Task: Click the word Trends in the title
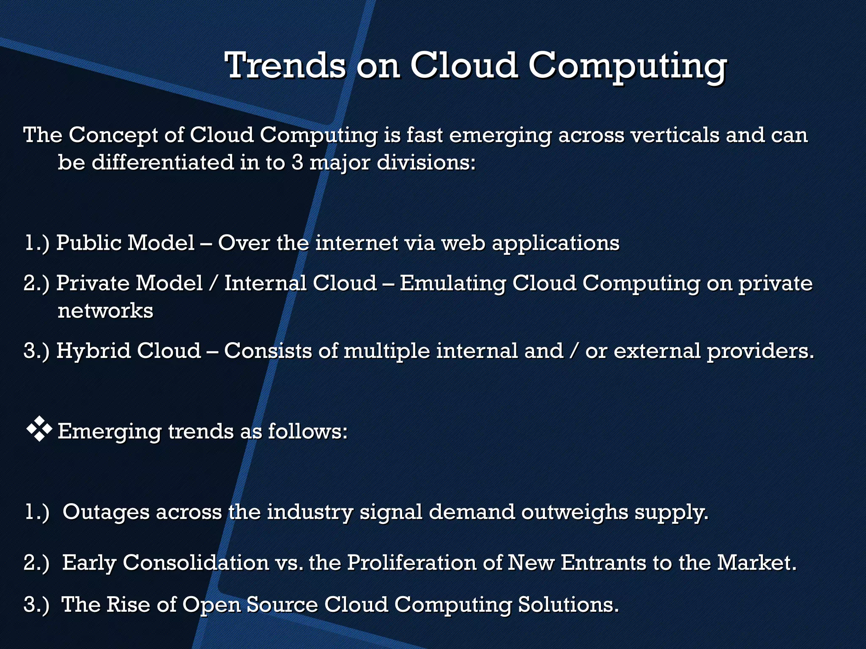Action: coord(285,65)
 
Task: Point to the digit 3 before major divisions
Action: coord(297,163)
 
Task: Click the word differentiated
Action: coord(162,163)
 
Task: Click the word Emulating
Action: coord(452,283)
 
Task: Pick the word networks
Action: coord(105,311)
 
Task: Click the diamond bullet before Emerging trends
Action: coord(39,429)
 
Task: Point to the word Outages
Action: coord(106,512)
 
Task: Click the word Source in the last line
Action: coord(282,604)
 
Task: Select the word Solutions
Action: coord(568,604)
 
